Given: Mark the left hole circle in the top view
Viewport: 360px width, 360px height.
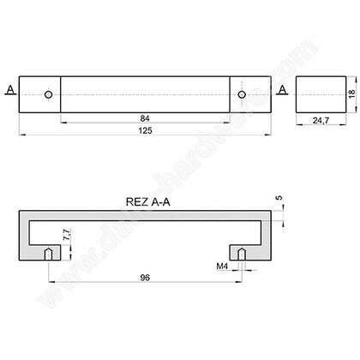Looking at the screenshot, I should click(x=50, y=93).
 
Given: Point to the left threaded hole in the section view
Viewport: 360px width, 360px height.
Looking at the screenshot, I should click(x=51, y=255).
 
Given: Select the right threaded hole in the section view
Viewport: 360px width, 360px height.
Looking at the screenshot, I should click(x=243, y=255).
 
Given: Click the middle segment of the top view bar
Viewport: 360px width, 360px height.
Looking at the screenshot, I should click(x=146, y=93).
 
